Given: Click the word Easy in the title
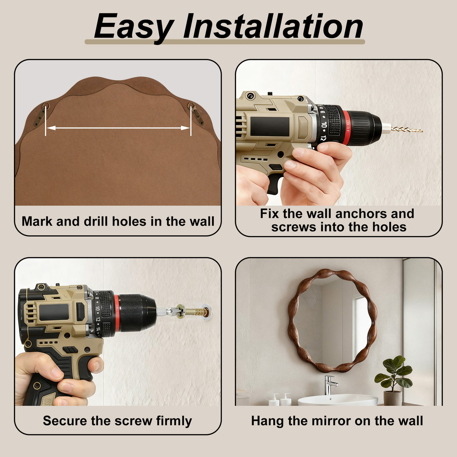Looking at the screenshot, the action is pos(134,27).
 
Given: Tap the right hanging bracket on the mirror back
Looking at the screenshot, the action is pos(196,113).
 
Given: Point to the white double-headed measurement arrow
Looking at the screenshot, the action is pos(118,128).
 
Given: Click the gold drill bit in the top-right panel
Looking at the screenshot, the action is pos(407,129).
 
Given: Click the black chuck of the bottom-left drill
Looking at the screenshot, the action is pos(137,313).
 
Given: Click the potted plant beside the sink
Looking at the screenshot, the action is pos(394,380).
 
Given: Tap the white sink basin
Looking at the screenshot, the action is pos(338,400).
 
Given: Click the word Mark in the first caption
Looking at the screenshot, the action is pos(37,221).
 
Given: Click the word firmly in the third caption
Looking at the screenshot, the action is pos(174,421).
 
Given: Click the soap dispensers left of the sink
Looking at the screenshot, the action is pos(280,399).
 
